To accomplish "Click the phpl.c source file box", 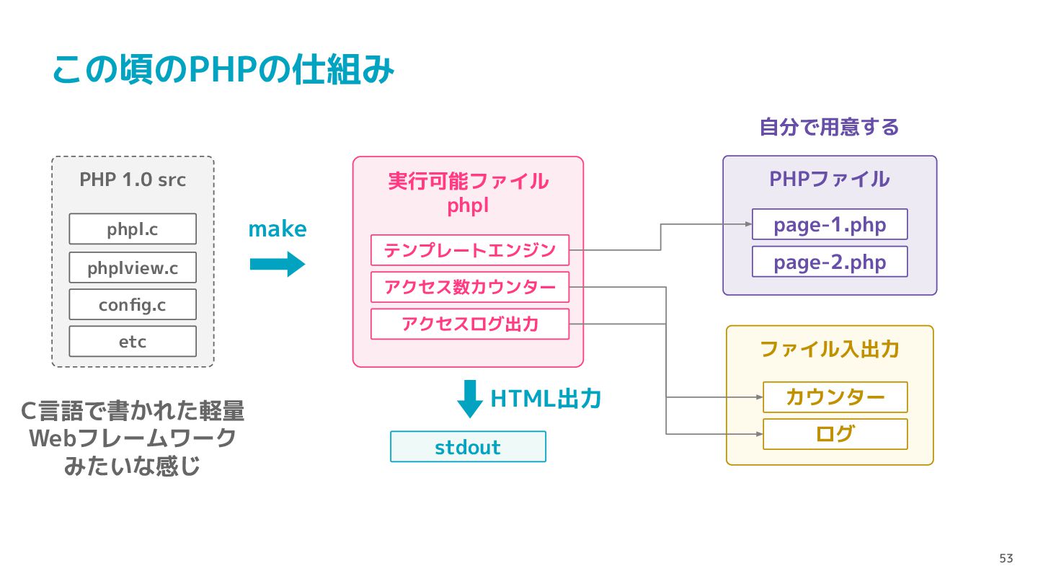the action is (x=133, y=229).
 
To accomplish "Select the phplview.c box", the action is (x=133, y=267).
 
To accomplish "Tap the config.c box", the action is (x=133, y=304).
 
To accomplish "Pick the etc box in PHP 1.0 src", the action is (x=133, y=342).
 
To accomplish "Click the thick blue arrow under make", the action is (x=277, y=264).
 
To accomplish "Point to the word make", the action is (x=277, y=229).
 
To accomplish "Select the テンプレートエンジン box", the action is (x=470, y=250).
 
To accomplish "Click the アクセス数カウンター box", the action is (x=470, y=288).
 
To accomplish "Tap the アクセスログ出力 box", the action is (x=470, y=324).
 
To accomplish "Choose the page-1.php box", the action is (x=830, y=224).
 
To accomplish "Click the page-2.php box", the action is (x=830, y=262).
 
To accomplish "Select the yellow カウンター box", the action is (x=835, y=397).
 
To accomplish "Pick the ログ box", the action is (x=835, y=434).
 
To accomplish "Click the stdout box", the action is (x=468, y=447).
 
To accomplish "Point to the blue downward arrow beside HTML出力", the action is (x=470, y=399).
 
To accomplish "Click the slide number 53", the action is (x=1006, y=558).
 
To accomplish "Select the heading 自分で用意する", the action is (x=830, y=127).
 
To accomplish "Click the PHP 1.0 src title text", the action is (x=133, y=180).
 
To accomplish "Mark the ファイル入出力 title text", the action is (x=830, y=349).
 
